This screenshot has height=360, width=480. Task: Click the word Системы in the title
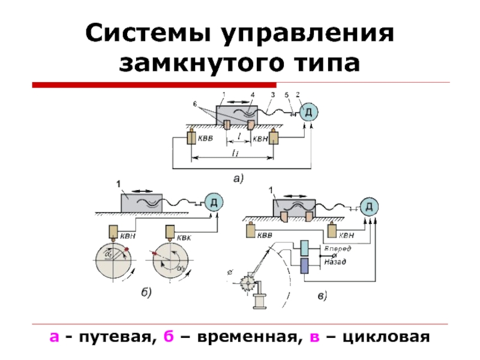(148, 34)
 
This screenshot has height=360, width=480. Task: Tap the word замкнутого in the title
(197, 62)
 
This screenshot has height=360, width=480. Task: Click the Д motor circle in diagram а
(308, 112)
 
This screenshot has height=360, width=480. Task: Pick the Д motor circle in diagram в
(370, 207)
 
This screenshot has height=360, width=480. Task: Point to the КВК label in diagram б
(185, 239)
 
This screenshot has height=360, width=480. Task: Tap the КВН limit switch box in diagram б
(113, 231)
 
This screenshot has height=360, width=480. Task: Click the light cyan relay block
(304, 248)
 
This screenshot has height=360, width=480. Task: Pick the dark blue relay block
(304, 266)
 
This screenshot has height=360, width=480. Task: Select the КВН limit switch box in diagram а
(274, 138)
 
